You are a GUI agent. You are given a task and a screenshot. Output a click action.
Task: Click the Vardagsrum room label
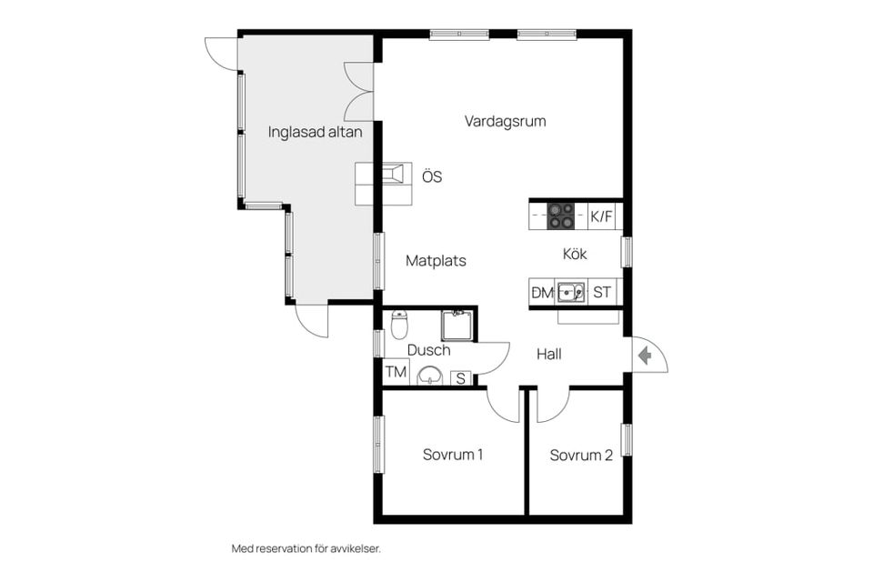(505, 122)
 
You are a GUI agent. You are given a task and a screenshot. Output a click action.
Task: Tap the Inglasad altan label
(316, 132)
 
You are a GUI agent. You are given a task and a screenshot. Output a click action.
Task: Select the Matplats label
(436, 260)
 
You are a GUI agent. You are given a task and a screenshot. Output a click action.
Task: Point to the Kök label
(575, 254)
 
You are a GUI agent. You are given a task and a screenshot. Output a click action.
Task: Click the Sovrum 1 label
(453, 455)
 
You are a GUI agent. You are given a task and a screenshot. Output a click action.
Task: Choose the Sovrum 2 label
(581, 455)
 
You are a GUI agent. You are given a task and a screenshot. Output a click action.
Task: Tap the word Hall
(549, 354)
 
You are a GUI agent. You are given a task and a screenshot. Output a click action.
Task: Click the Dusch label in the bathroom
(428, 350)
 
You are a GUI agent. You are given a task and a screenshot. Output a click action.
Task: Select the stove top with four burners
(561, 216)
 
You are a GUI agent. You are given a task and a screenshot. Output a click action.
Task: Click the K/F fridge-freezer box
(602, 216)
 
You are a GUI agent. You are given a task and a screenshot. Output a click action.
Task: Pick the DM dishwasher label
(542, 293)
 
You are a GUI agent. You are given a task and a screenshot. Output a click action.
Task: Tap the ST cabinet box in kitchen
(602, 292)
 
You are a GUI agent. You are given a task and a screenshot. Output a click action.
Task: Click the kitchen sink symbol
(571, 292)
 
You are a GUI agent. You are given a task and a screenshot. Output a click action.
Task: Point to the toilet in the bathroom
(400, 325)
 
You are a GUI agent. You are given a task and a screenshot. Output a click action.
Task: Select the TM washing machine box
(396, 371)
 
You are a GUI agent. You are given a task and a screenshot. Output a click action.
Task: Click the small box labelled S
(461, 378)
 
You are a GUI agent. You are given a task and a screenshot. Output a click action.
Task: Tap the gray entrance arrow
(645, 355)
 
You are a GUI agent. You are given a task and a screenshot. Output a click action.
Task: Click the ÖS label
(432, 176)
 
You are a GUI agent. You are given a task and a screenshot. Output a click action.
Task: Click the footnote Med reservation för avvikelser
(306, 548)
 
